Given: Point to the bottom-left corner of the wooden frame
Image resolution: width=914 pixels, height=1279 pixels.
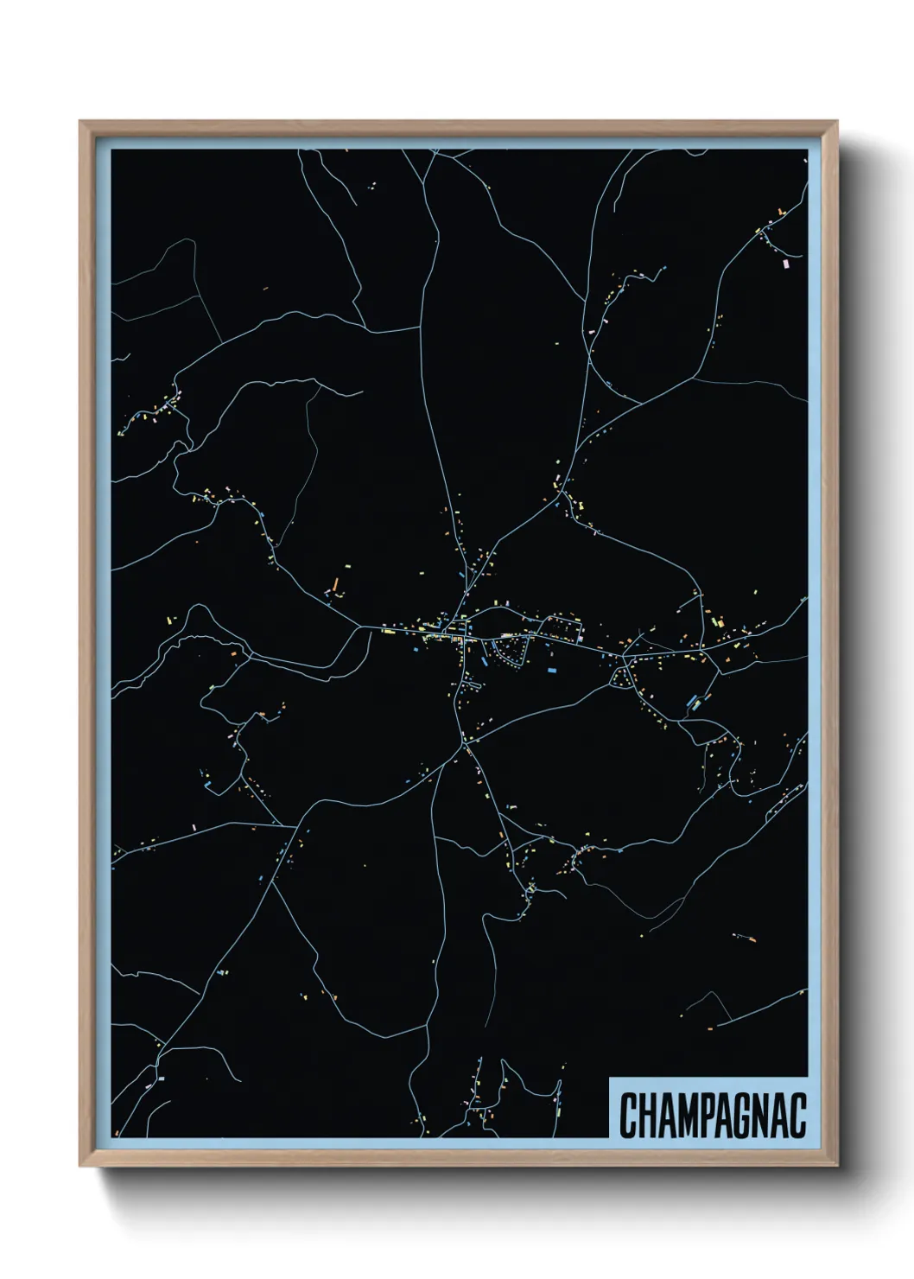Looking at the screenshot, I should [x=81, y=1167].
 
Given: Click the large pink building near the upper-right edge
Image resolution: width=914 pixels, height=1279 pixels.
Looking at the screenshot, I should [x=785, y=262].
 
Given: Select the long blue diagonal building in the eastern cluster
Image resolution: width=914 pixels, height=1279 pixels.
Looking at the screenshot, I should [x=693, y=701].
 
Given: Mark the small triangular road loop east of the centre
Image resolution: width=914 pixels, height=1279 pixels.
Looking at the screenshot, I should [x=620, y=678].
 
